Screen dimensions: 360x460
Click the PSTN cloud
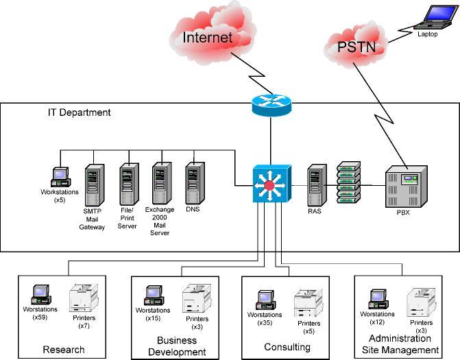356,47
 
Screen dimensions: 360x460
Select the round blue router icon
271,103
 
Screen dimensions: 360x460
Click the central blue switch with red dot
270,185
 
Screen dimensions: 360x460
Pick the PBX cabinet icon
405,187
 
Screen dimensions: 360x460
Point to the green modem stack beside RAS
348,183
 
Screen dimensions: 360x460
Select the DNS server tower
194,181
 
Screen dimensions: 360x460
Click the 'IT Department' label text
79,112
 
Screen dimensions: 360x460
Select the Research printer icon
84,298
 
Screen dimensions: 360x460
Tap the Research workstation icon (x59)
43,295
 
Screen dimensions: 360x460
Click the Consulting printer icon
308,303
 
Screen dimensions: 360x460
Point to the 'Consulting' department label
287,347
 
